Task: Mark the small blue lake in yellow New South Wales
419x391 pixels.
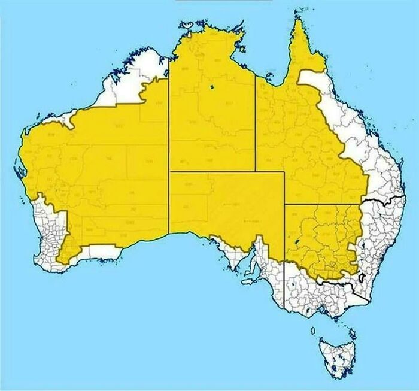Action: pos(297,243)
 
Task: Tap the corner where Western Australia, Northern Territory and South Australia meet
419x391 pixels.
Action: pos(169,172)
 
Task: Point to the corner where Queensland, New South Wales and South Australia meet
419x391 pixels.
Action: pos(284,204)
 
